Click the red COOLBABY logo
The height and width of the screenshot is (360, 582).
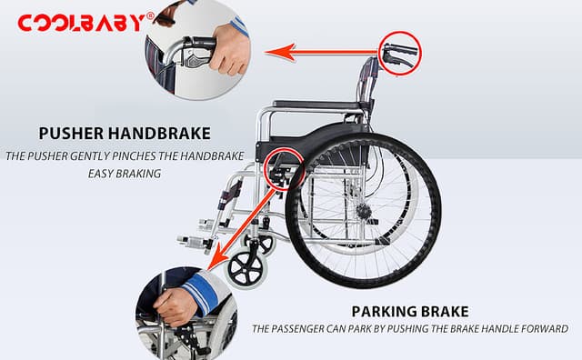click(x=82, y=23)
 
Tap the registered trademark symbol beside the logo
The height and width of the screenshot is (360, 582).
click(x=150, y=15)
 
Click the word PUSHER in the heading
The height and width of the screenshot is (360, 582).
click(x=71, y=134)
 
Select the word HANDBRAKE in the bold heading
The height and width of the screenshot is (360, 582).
click(x=159, y=134)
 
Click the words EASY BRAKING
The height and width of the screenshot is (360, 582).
click(x=125, y=174)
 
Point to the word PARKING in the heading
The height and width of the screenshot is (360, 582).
click(x=382, y=312)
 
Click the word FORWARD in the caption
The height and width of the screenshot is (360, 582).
click(x=545, y=329)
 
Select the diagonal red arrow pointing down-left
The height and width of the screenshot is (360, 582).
click(x=241, y=229)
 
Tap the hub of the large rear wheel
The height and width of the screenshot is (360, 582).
click(x=366, y=212)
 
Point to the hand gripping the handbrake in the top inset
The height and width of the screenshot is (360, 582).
click(x=228, y=49)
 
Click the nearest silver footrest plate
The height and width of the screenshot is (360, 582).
click(x=193, y=242)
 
